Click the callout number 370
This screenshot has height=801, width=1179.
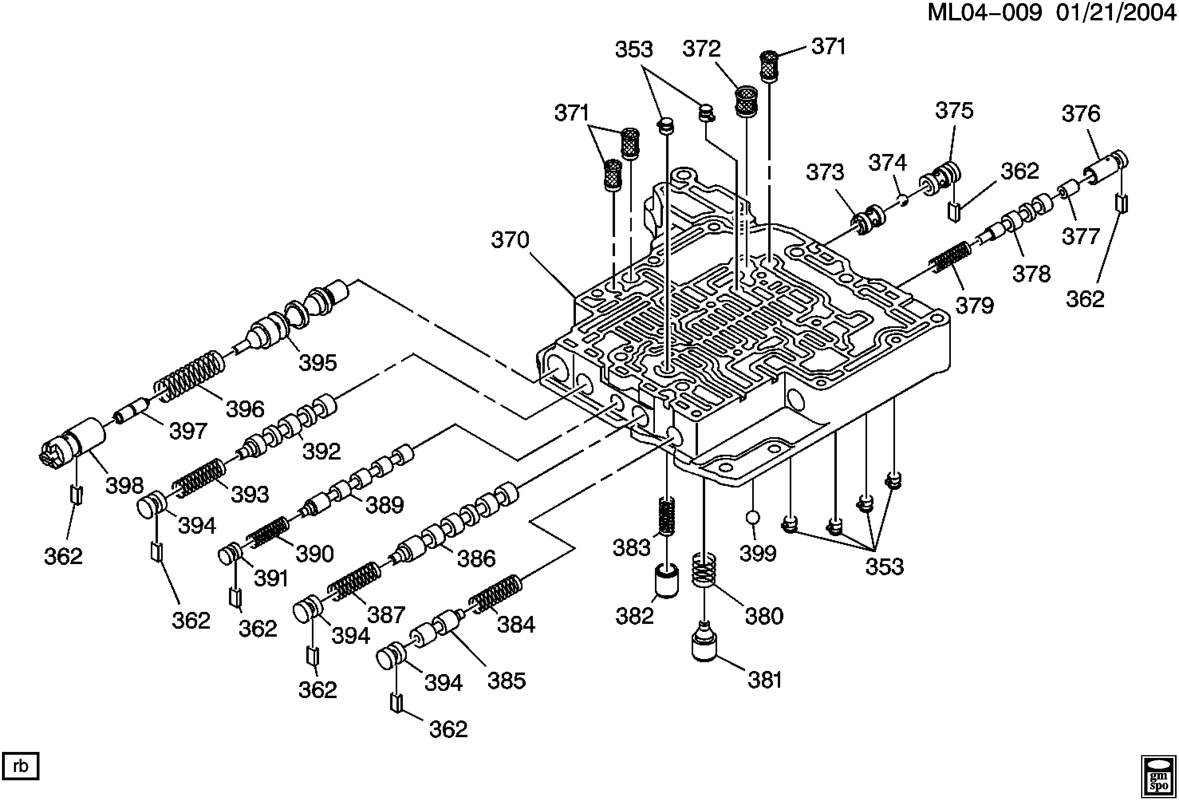pos(510,240)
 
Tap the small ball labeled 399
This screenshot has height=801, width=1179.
pos(753,517)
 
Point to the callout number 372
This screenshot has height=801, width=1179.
pos(701,49)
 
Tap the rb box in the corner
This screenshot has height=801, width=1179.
pos(21,766)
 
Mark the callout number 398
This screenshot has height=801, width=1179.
pos(124,485)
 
